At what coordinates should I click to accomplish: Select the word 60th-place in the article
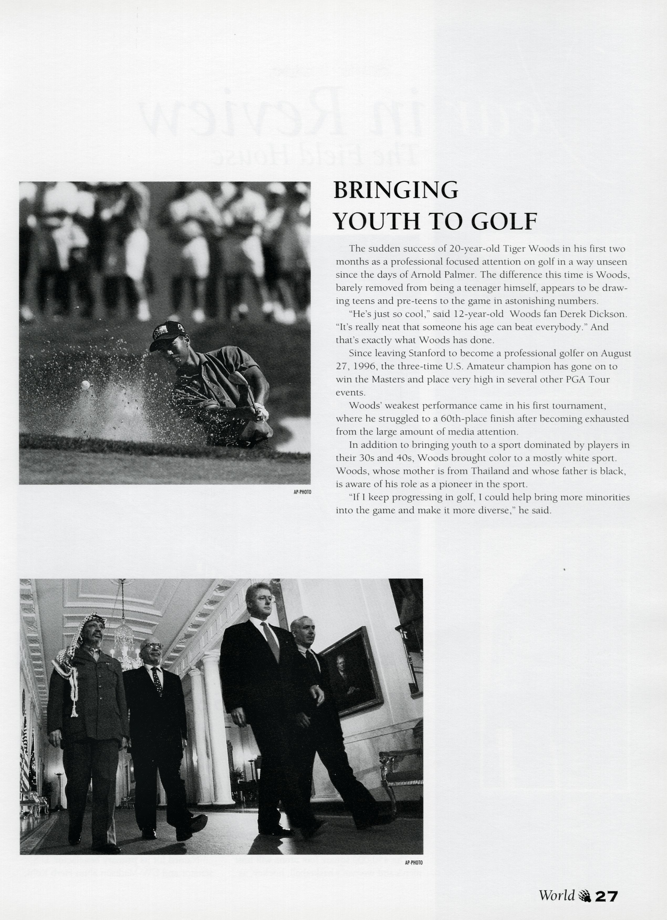436,419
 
